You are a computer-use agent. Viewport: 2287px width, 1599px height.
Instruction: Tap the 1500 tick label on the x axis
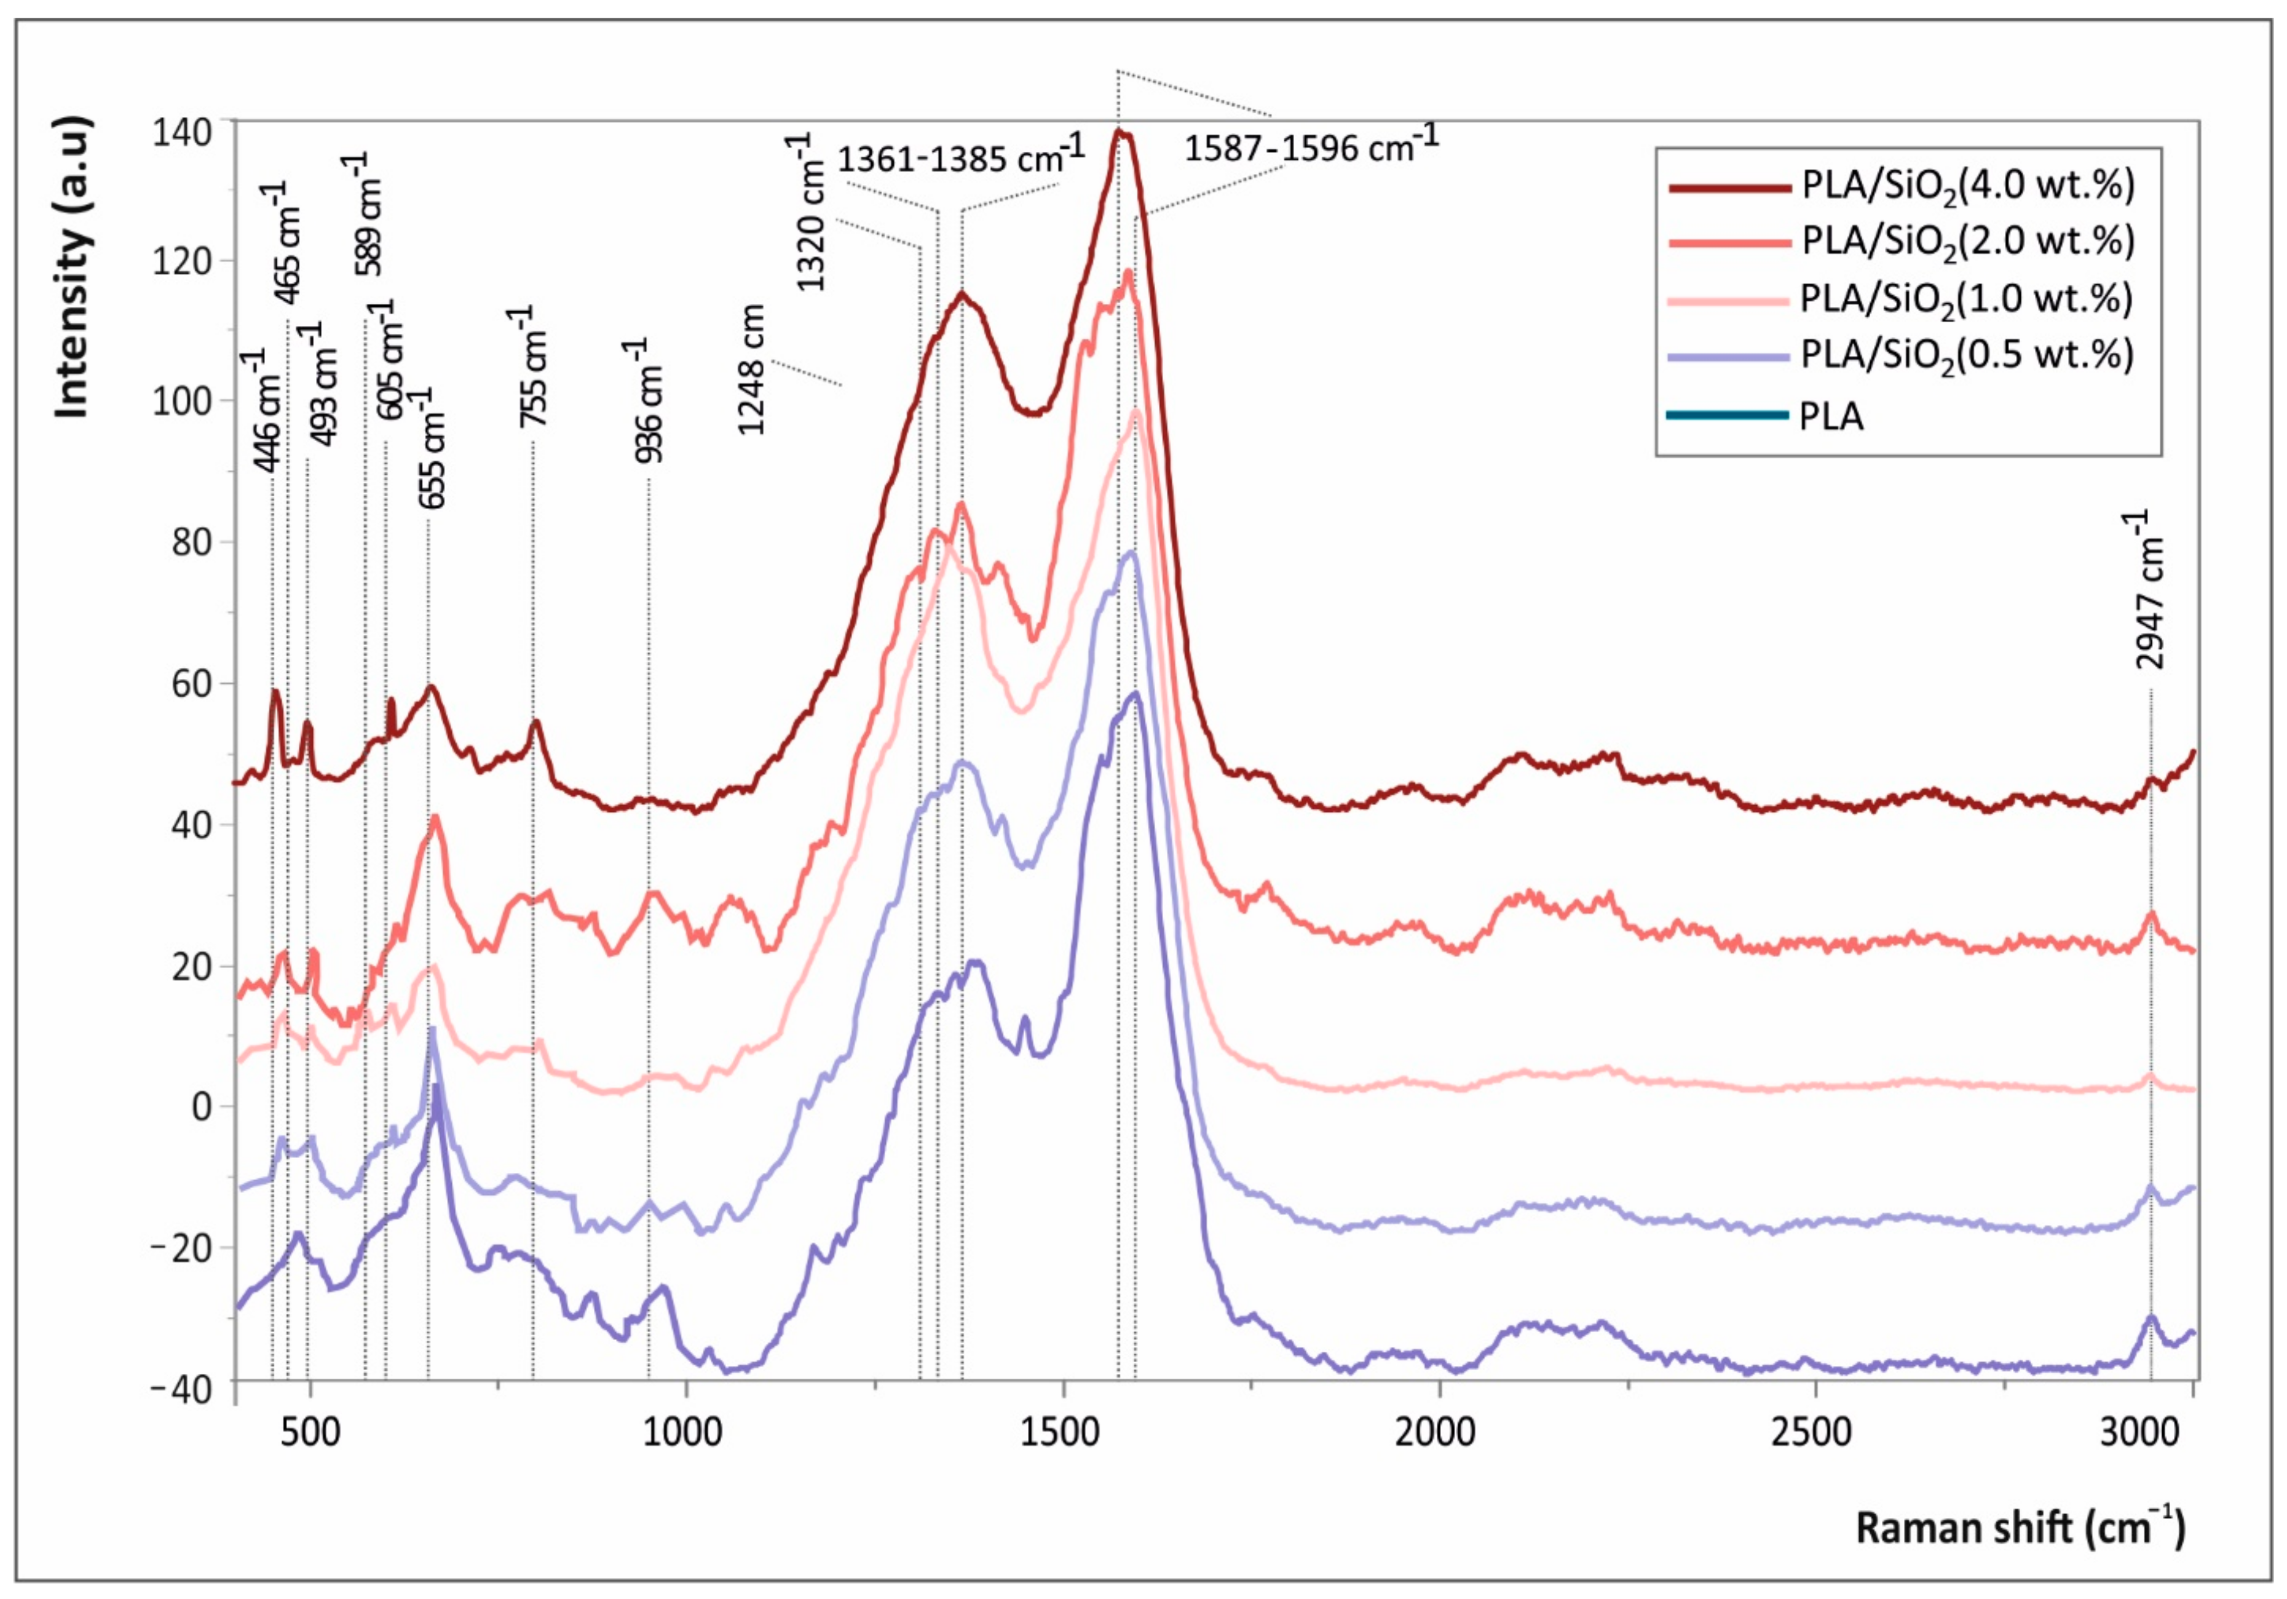click(x=1063, y=1432)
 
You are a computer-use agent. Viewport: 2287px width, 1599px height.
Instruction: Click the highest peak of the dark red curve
click(x=1121, y=132)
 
